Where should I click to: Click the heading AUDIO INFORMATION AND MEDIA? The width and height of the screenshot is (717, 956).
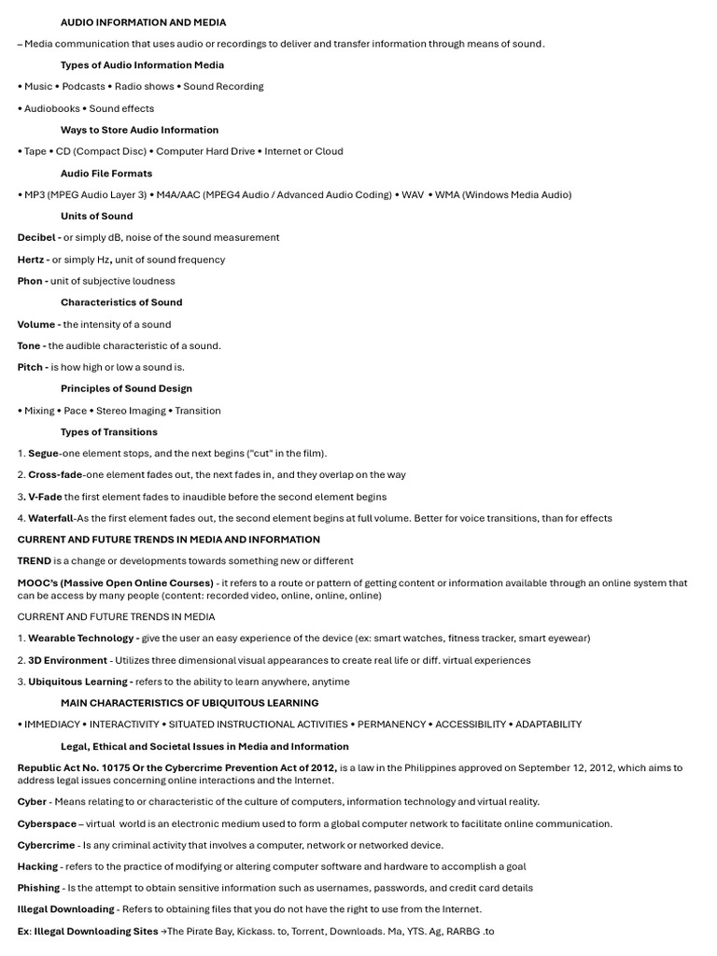143,22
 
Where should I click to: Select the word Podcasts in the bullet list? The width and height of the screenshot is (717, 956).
83,87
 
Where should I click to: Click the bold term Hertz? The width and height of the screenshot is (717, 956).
32,260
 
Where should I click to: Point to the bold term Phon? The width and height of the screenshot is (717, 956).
30,281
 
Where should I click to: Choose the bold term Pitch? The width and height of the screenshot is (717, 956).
29,368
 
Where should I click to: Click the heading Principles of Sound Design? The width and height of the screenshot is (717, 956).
126,389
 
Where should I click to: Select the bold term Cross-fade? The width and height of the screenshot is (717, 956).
55,475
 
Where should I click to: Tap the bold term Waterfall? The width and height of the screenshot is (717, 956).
50,518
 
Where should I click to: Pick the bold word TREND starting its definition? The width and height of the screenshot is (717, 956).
34,561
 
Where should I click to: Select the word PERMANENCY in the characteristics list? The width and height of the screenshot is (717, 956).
391,724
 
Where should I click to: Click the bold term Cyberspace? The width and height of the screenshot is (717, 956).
46,823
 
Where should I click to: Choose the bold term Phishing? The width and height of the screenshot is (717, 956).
38,888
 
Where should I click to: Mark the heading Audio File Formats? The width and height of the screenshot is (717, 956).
106,174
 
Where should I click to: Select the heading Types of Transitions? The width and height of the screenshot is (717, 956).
109,432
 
